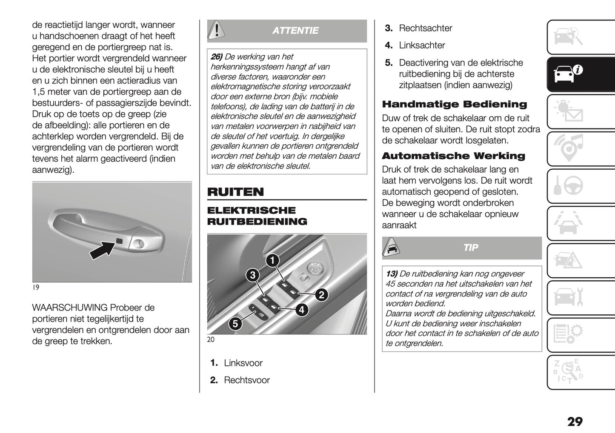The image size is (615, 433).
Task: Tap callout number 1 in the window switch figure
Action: pos(272,261)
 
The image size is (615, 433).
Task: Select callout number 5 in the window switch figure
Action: pos(235,324)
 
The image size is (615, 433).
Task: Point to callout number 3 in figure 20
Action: pos(253,275)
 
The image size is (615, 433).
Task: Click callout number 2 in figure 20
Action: pos(321,294)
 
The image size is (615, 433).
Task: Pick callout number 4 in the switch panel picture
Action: pos(301,310)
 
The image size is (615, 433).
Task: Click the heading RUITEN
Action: pos(235,192)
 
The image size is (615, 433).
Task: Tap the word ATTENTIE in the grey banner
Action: pos(295,31)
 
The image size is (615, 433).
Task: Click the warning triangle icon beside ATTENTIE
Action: pos(217,30)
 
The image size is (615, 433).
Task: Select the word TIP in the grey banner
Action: pos(471,248)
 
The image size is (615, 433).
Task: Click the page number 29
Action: pos(575,422)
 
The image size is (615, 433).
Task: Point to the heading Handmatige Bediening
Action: pos(454,104)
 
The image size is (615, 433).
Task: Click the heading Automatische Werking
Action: pos(453,156)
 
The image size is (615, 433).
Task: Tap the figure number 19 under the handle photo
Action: pos(36,288)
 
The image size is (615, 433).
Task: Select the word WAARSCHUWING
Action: pos(69,308)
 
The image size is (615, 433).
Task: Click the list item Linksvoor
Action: pos(243,363)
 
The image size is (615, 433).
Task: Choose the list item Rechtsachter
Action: pos(425,28)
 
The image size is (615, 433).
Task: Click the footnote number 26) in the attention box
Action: pos(217,57)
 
